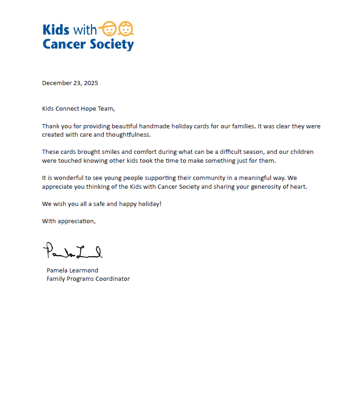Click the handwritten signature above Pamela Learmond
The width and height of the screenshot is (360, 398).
click(x=73, y=251)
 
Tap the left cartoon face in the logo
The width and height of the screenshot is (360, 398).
click(x=108, y=29)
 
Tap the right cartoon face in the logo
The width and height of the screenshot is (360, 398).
click(x=126, y=29)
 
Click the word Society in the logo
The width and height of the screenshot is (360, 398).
click(x=113, y=44)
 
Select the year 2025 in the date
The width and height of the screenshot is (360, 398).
click(x=91, y=83)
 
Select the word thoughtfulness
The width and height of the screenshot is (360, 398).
click(x=128, y=135)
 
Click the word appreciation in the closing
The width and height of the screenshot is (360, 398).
click(x=76, y=221)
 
